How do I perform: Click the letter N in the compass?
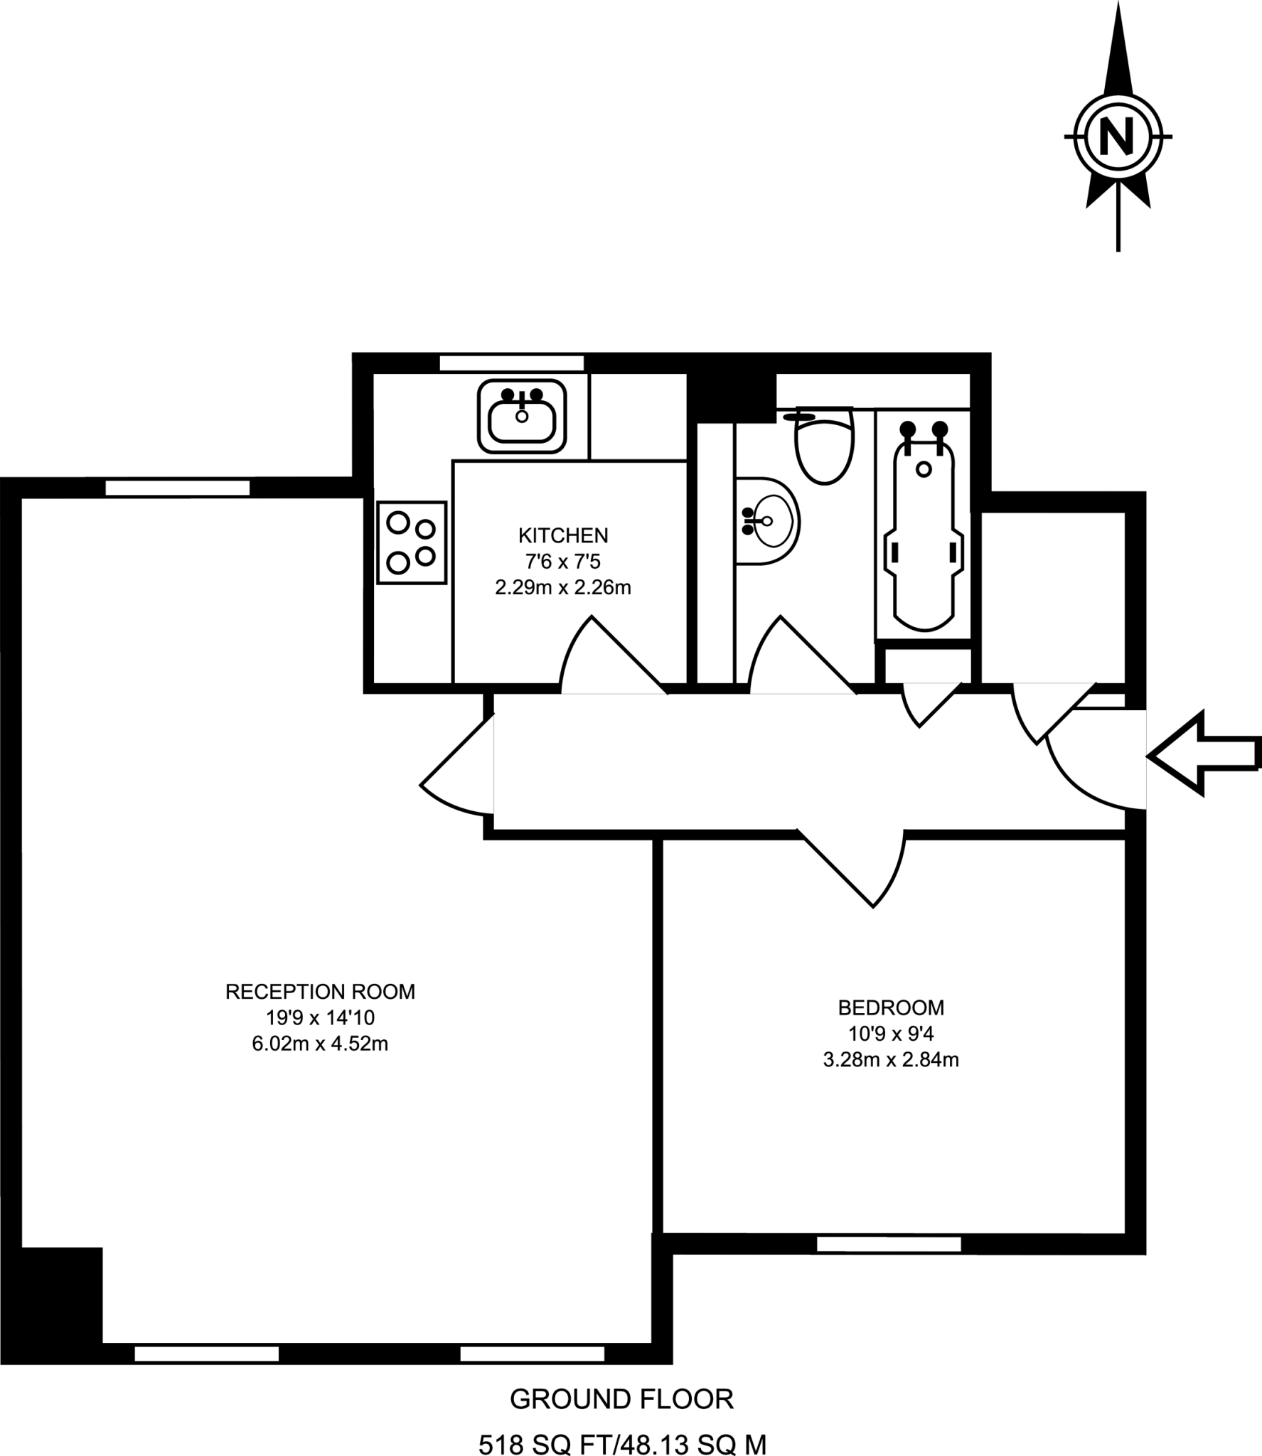pos(1117,136)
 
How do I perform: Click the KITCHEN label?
pos(563,535)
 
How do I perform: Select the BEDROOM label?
pos(891,1007)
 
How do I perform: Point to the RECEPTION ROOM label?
pos(320,992)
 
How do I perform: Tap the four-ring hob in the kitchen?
pos(412,543)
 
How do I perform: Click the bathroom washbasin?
pos(766,521)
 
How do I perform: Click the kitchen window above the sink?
pos(511,363)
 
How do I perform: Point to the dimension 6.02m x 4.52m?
pos(320,1044)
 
